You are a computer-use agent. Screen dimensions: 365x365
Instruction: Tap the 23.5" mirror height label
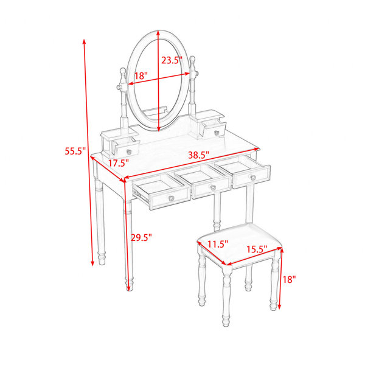[x=172, y=60]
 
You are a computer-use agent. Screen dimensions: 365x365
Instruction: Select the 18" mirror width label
[x=141, y=75]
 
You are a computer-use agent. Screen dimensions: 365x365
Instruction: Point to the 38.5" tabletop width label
[x=199, y=155]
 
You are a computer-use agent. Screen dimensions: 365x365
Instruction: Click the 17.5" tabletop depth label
[x=119, y=163]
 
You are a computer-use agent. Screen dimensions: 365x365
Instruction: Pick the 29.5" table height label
[x=141, y=237]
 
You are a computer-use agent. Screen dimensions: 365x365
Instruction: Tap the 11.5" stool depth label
[x=218, y=244]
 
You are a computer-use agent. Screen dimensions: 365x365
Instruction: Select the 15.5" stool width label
[x=257, y=249]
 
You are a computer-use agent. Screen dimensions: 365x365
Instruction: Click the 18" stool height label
[x=289, y=279]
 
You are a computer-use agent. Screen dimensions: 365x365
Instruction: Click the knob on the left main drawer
[x=172, y=198]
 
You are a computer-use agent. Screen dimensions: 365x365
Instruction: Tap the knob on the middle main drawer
[x=213, y=187]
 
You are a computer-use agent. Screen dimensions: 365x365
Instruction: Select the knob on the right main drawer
[x=253, y=178]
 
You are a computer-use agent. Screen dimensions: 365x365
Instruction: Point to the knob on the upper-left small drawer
[x=130, y=151]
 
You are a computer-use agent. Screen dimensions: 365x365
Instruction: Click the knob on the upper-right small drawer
[x=217, y=133]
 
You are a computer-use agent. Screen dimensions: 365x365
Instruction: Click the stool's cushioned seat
[x=240, y=243]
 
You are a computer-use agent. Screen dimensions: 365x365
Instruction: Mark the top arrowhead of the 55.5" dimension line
[x=85, y=41]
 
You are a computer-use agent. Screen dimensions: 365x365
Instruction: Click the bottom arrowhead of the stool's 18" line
[x=280, y=307]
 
